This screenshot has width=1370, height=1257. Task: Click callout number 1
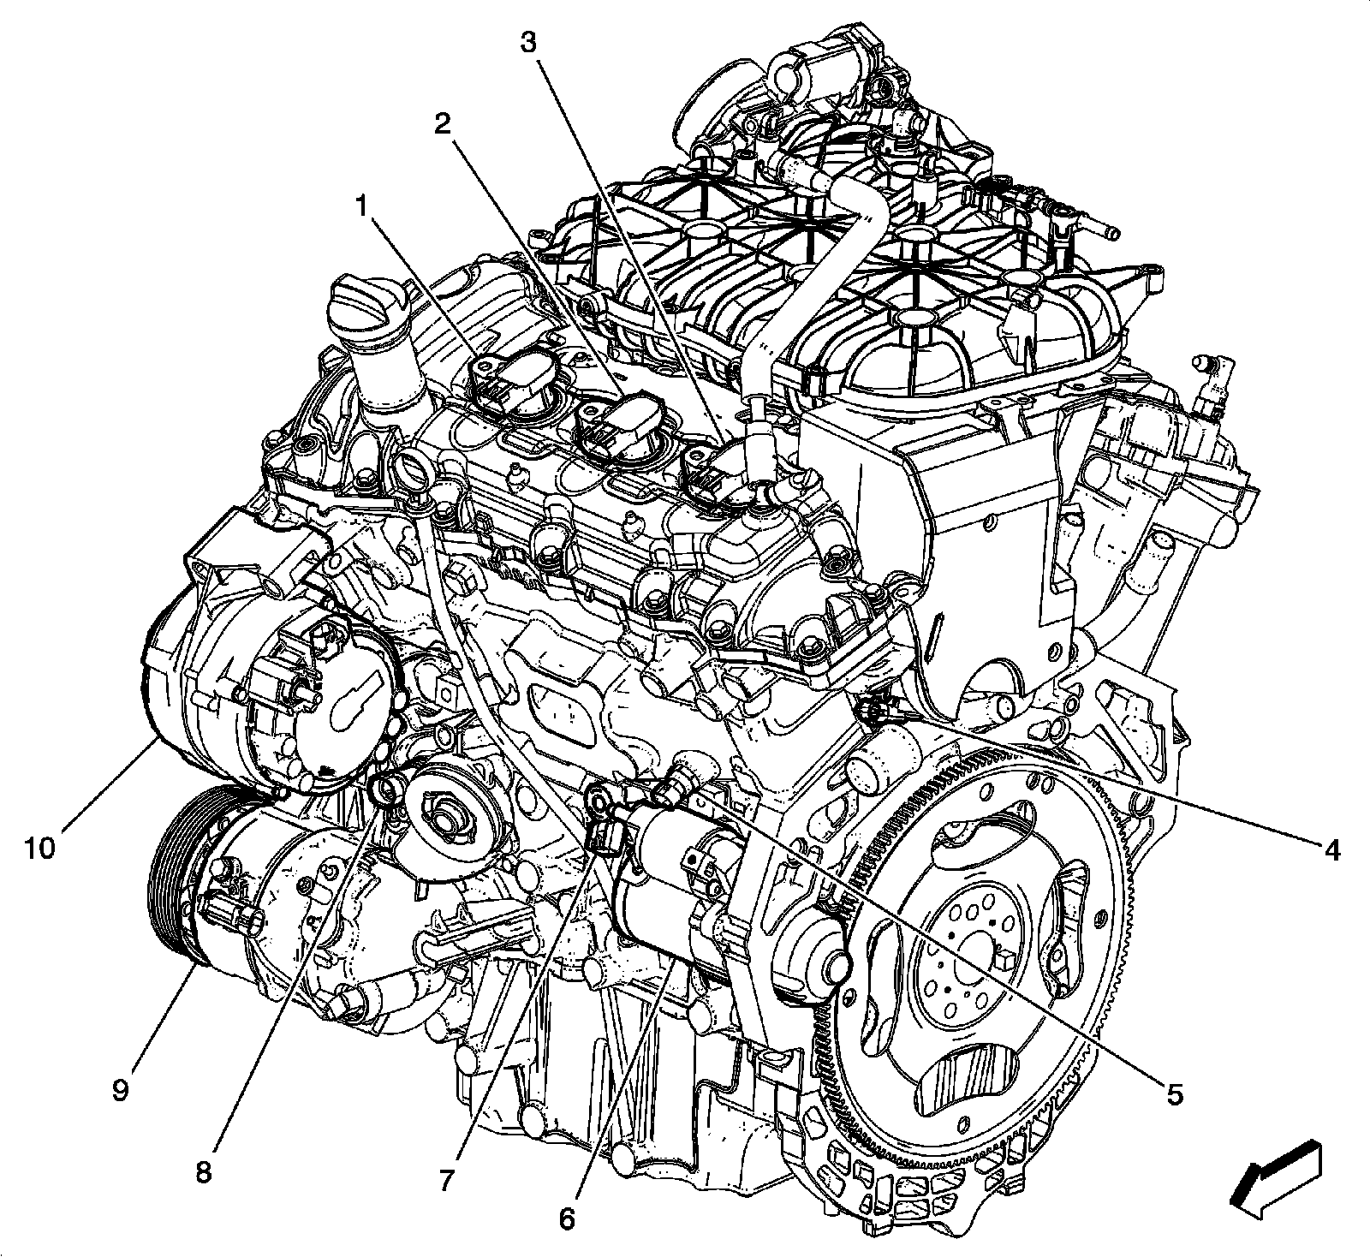(364, 207)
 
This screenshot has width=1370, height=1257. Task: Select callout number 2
(442, 125)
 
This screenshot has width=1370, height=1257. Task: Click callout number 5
(1174, 1093)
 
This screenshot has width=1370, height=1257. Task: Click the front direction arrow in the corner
(1275, 1173)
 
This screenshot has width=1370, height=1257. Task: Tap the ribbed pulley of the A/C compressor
(176, 882)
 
